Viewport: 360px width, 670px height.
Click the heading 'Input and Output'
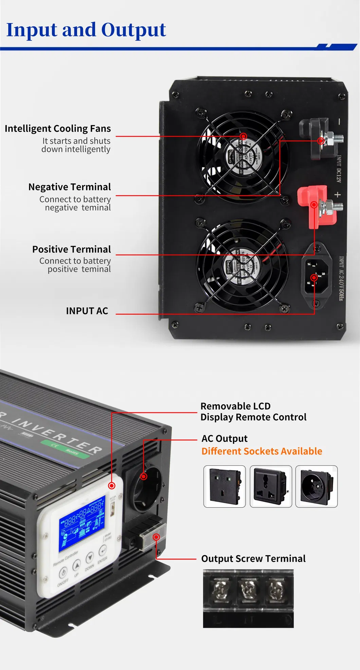pos(86,30)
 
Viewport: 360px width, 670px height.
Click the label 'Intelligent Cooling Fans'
pos(58,128)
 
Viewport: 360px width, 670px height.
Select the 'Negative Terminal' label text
pos(70,187)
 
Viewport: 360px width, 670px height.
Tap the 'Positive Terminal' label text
pos(71,249)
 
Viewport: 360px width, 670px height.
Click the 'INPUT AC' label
pos(87,311)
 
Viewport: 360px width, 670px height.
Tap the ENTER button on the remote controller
pos(103,549)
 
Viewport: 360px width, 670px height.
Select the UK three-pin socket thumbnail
pos(224,486)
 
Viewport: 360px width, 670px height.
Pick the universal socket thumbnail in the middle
pos(271,486)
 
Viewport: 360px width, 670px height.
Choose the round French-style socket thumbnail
pos(316,486)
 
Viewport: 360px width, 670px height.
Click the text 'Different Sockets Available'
pos(262,451)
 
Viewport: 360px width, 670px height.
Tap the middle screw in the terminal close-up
pos(248,589)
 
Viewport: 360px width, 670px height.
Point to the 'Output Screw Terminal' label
pos(253,559)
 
